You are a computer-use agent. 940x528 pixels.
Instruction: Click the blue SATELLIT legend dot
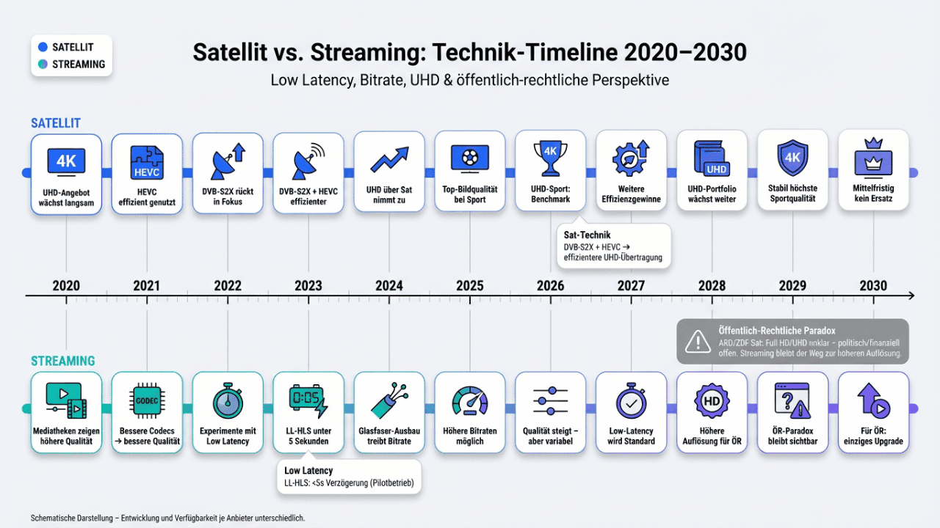click(x=43, y=48)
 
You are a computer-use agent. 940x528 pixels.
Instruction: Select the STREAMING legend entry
click(x=72, y=65)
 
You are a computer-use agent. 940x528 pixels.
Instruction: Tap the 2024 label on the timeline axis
click(x=389, y=285)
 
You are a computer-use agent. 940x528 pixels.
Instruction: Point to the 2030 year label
click(x=873, y=285)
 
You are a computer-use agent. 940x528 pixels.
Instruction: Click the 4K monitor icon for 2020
click(x=66, y=160)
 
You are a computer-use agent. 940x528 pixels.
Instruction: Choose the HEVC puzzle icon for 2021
click(x=147, y=161)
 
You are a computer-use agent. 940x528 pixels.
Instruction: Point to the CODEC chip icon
click(x=147, y=400)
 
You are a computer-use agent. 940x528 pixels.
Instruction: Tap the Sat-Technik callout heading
click(x=587, y=235)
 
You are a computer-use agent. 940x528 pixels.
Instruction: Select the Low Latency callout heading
click(x=308, y=470)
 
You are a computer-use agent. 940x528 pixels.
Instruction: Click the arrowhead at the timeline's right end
click(x=911, y=296)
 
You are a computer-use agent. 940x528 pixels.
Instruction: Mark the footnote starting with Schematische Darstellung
click(x=167, y=518)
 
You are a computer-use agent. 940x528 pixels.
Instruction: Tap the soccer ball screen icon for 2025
click(x=470, y=158)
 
